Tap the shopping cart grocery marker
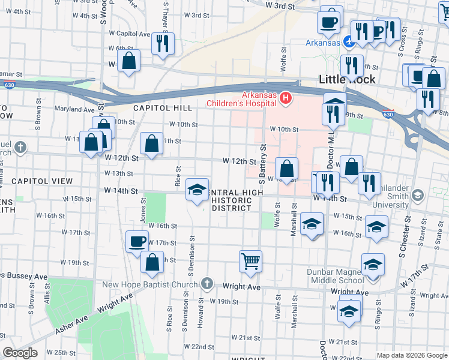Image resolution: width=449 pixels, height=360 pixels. (250, 261)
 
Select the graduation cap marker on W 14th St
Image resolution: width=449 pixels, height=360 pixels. (197, 190)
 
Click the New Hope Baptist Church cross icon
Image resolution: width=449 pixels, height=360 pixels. (206, 283)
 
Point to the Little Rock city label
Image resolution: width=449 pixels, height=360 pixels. (347, 79)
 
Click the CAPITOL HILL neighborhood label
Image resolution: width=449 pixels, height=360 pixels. (163, 107)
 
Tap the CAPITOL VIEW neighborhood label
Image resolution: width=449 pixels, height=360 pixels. (42, 181)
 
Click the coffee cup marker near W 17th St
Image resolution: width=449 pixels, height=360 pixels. (137, 241)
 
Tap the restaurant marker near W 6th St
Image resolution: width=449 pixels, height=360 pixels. (163, 43)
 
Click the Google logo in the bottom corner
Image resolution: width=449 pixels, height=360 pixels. (20, 353)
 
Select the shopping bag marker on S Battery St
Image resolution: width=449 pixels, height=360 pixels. (287, 169)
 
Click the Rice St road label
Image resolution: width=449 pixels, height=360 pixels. (178, 178)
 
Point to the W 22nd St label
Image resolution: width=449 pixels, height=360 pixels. (199, 347)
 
